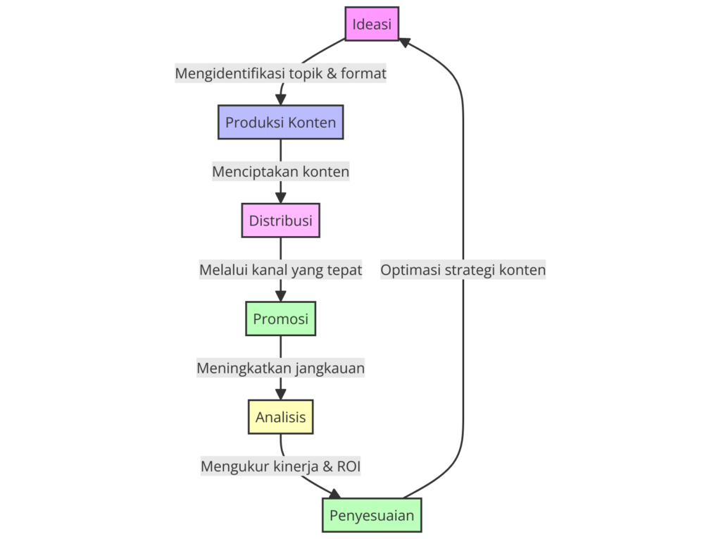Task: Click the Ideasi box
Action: click(x=372, y=24)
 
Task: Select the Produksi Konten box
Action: click(x=280, y=123)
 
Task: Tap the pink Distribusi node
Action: click(x=280, y=221)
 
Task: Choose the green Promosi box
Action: click(x=280, y=319)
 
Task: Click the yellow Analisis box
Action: click(x=280, y=417)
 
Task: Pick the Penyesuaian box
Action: click(x=372, y=516)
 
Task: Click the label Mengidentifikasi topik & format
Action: click(x=280, y=73)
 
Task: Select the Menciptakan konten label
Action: click(x=280, y=171)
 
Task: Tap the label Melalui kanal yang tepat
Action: click(x=280, y=270)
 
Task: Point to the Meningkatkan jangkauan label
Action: click(x=280, y=368)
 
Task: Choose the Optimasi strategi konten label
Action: click(x=463, y=270)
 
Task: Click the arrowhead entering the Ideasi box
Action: click(x=405, y=42)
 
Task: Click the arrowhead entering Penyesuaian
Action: click(x=334, y=494)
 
